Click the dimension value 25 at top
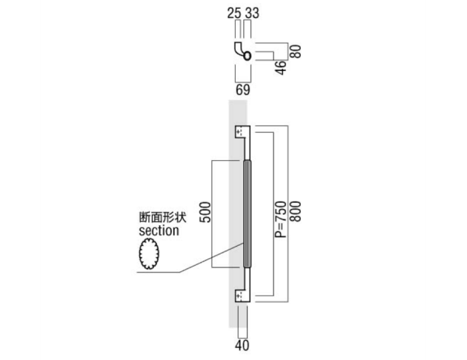[234, 13]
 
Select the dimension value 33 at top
[252, 13]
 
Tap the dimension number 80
[296, 51]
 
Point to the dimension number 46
[280, 68]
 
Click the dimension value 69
[243, 90]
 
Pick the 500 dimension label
[205, 212]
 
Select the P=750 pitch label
[280, 219]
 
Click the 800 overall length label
[296, 212]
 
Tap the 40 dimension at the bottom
[242, 345]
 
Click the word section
[159, 231]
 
